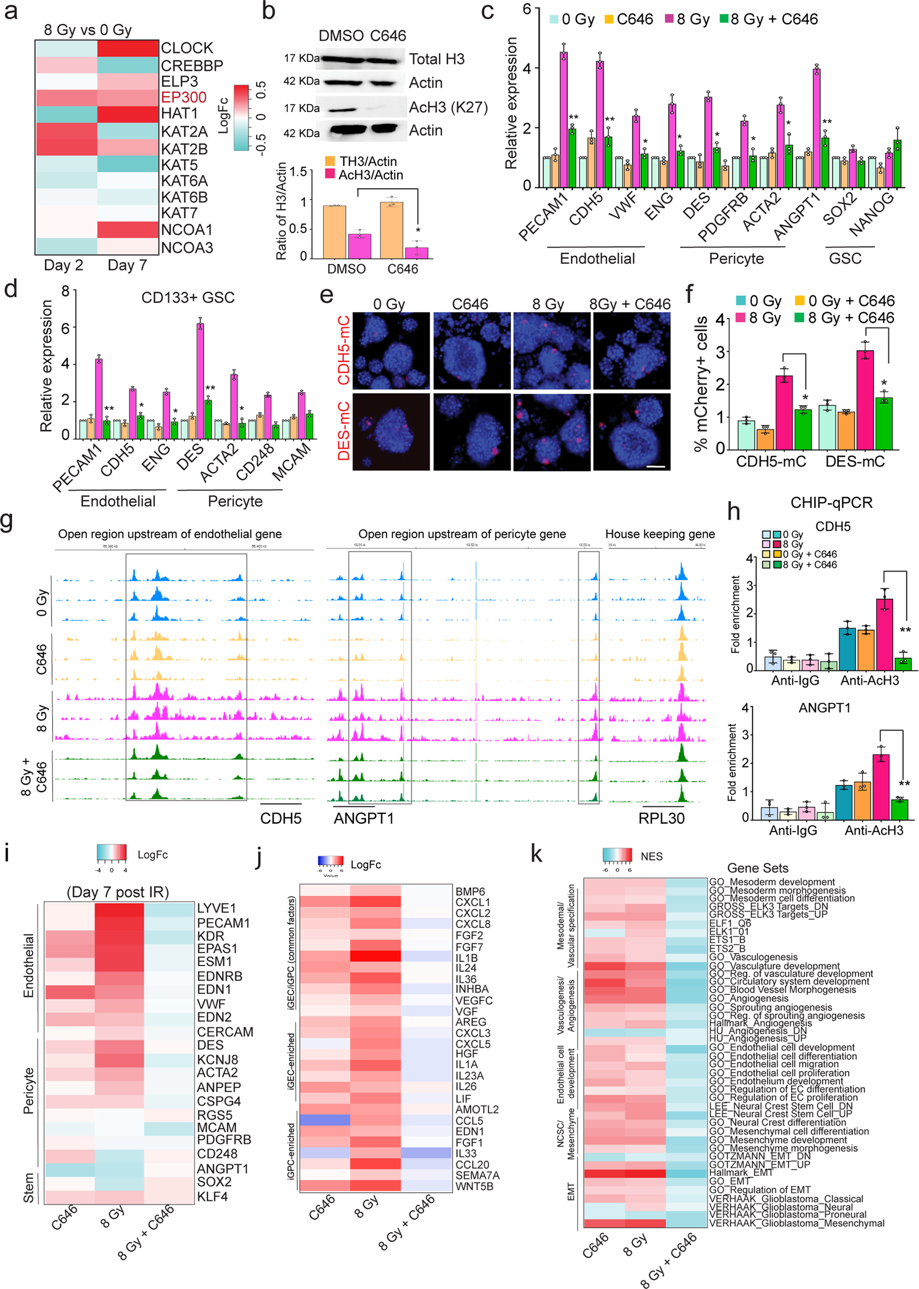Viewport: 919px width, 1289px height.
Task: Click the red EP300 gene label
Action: point(183,98)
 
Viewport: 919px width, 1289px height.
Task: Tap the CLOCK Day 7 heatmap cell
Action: point(128,48)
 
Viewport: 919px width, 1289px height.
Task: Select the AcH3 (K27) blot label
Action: point(448,107)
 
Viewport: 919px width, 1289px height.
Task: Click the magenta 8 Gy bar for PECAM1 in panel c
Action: point(564,120)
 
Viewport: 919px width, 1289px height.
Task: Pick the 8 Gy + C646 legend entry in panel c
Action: point(768,19)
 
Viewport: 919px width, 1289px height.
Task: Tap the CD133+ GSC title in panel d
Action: point(188,298)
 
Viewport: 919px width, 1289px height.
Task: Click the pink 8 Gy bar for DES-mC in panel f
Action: point(865,399)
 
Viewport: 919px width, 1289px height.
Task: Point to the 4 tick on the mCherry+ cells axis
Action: point(720,319)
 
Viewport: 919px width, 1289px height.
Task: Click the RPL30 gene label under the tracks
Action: point(661,818)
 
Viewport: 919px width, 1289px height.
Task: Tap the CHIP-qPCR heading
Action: point(831,502)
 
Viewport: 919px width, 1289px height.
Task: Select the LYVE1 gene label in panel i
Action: point(216,908)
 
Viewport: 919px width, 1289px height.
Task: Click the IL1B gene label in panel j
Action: point(466,958)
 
